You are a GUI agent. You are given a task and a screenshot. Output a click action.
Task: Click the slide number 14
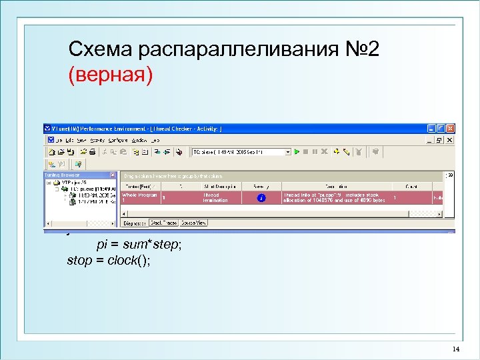[456, 349]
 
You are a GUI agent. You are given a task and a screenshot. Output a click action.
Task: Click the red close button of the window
[450, 129]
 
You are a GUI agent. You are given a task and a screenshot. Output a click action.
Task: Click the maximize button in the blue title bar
[441, 129]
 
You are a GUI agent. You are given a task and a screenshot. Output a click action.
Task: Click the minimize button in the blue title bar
[431, 129]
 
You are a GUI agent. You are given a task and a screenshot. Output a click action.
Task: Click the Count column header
[411, 187]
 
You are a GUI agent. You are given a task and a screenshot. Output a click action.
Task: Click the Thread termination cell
[215, 197]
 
